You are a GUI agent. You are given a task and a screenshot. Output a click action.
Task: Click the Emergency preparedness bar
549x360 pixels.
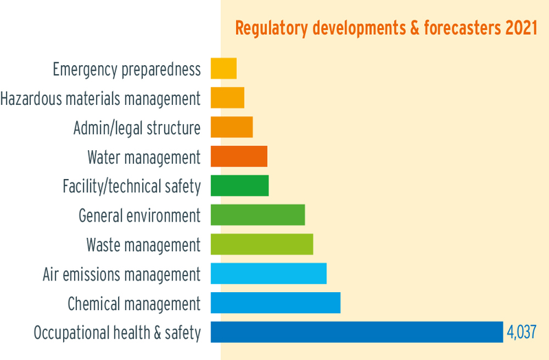[223, 69]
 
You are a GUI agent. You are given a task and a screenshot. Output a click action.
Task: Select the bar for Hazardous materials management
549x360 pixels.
[227, 98]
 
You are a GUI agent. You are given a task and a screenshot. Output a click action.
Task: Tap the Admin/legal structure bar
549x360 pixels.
[231, 128]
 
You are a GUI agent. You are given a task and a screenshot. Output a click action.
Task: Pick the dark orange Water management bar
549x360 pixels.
[239, 157]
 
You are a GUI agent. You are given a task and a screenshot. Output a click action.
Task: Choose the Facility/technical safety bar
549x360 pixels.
[240, 186]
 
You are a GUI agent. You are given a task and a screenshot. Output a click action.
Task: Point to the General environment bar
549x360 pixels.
[257, 215]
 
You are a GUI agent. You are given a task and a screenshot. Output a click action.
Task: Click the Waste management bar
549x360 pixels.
[261, 244]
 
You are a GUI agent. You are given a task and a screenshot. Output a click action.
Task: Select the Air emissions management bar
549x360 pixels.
[268, 274]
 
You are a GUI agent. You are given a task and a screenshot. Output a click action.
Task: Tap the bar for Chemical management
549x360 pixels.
[275, 303]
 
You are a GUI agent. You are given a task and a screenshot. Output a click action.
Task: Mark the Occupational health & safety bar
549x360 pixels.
[357, 332]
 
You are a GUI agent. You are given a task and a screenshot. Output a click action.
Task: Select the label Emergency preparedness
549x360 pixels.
[127, 69]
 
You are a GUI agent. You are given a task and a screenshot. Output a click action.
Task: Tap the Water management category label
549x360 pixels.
[144, 157]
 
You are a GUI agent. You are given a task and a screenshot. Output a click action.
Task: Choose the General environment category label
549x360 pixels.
[140, 215]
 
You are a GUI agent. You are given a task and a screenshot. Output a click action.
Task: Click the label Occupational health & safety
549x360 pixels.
[117, 333]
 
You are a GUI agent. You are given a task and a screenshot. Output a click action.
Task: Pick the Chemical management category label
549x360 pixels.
[134, 304]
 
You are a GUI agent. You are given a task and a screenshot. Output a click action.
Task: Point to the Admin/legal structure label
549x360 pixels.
[137, 128]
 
